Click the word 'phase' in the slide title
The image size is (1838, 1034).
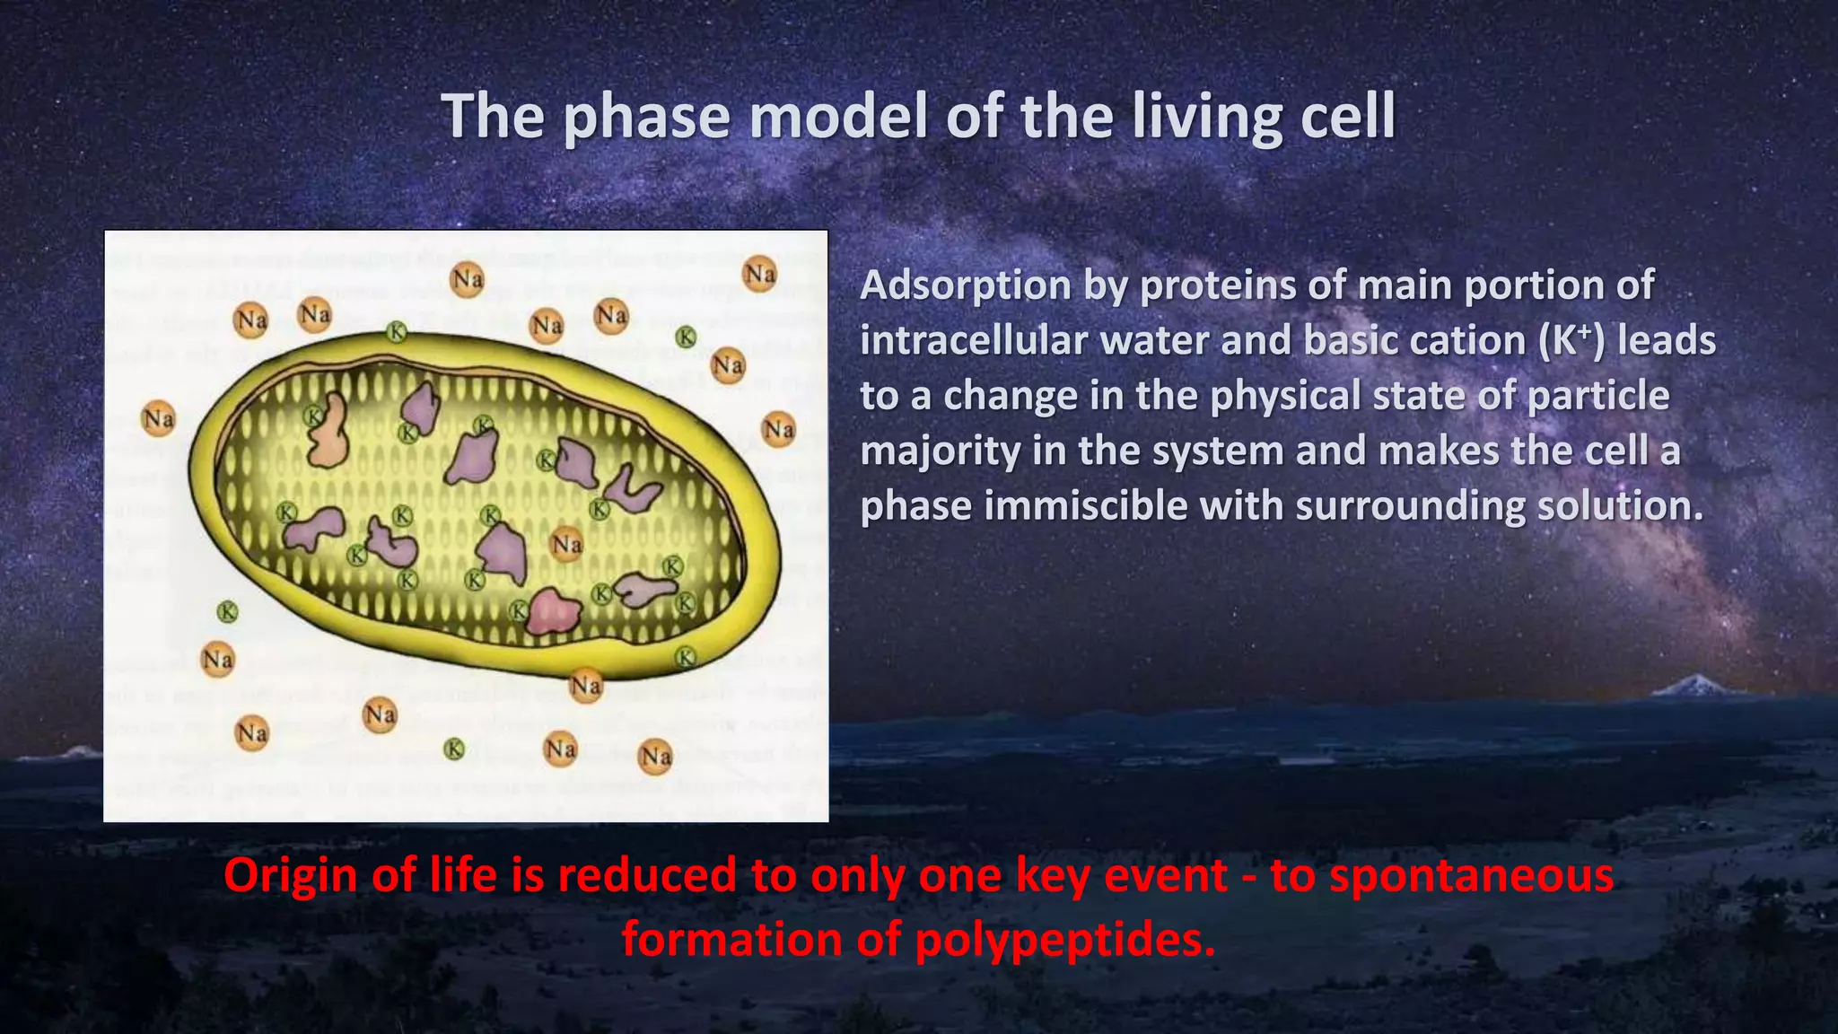point(645,117)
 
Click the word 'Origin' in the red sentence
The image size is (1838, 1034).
point(293,875)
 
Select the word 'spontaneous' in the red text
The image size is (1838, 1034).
point(1472,875)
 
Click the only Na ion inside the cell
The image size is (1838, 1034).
point(566,544)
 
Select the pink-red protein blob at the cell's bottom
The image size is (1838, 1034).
point(553,613)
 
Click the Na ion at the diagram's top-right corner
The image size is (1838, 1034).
point(760,274)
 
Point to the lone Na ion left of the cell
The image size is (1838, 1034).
point(159,418)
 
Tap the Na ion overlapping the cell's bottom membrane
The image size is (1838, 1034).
point(586,687)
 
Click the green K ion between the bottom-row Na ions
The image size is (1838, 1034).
point(455,749)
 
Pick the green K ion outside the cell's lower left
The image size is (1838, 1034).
point(228,612)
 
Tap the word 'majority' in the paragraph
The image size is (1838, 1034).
point(940,451)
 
